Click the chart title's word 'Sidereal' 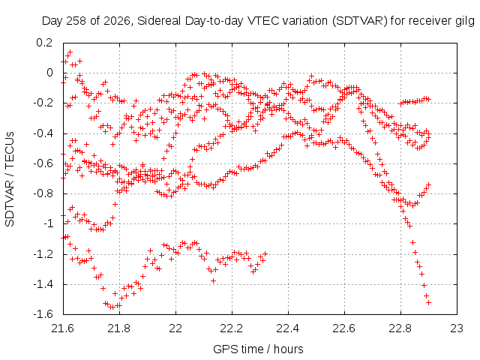[159, 21]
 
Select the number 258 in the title [76, 21]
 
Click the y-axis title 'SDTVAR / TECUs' [10, 179]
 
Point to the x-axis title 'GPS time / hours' [258, 349]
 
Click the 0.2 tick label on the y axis [44, 43]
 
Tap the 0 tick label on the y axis [49, 73]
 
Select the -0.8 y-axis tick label [43, 193]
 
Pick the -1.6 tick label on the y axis [43, 314]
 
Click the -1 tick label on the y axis [48, 223]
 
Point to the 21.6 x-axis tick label [63, 328]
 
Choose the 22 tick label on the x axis [175, 328]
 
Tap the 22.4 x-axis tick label [288, 328]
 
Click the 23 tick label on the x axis [457, 328]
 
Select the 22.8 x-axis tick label [400, 328]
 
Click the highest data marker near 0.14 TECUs [70, 52]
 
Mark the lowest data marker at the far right [428, 303]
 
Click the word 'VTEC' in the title [263, 21]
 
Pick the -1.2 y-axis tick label [43, 254]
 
